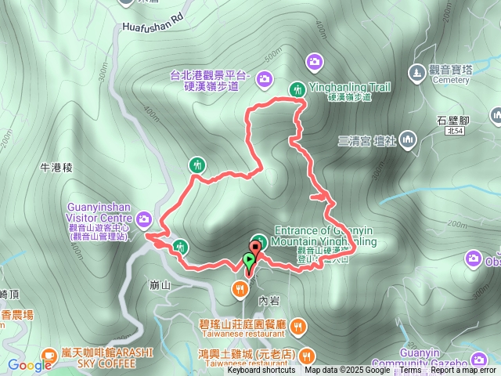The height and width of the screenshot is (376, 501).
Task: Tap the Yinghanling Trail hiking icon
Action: click(297, 89)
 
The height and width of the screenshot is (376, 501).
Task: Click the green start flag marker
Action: click(249, 262)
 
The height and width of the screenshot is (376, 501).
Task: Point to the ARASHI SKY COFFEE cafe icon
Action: click(49, 354)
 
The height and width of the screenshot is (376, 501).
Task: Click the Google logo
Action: click(30, 365)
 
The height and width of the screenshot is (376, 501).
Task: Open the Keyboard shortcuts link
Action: click(261, 371)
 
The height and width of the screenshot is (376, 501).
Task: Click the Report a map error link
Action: click(463, 371)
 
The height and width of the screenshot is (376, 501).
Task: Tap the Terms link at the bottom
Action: click(410, 371)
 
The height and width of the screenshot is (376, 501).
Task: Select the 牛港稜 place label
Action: click(56, 168)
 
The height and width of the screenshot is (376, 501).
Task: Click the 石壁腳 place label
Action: click(452, 121)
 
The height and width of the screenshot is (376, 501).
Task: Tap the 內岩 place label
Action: click(269, 300)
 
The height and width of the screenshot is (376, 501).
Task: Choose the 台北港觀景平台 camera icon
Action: click(265, 78)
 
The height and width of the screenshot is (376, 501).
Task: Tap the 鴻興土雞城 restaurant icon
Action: click(306, 354)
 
